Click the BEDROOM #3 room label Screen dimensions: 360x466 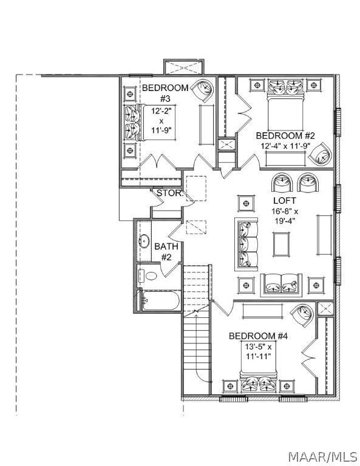(165, 93)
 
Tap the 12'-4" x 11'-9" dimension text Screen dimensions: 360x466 (285, 146)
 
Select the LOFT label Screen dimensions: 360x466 (285, 201)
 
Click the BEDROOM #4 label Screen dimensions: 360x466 (258, 336)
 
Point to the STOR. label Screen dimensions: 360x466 (170, 193)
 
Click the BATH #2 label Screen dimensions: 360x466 (166, 251)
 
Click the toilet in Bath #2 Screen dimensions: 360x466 (148, 276)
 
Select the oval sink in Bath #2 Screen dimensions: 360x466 (144, 241)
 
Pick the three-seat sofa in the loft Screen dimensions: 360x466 (246, 245)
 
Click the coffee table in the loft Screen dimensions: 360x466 (281, 245)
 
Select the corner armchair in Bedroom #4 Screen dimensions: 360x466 (302, 316)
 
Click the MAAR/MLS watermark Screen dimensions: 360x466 (323, 457)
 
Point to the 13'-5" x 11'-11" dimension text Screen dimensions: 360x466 (259, 351)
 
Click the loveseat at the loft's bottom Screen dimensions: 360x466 (281, 285)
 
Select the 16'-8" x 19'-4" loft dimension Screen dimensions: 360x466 (285, 216)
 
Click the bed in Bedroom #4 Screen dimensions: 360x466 (259, 366)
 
